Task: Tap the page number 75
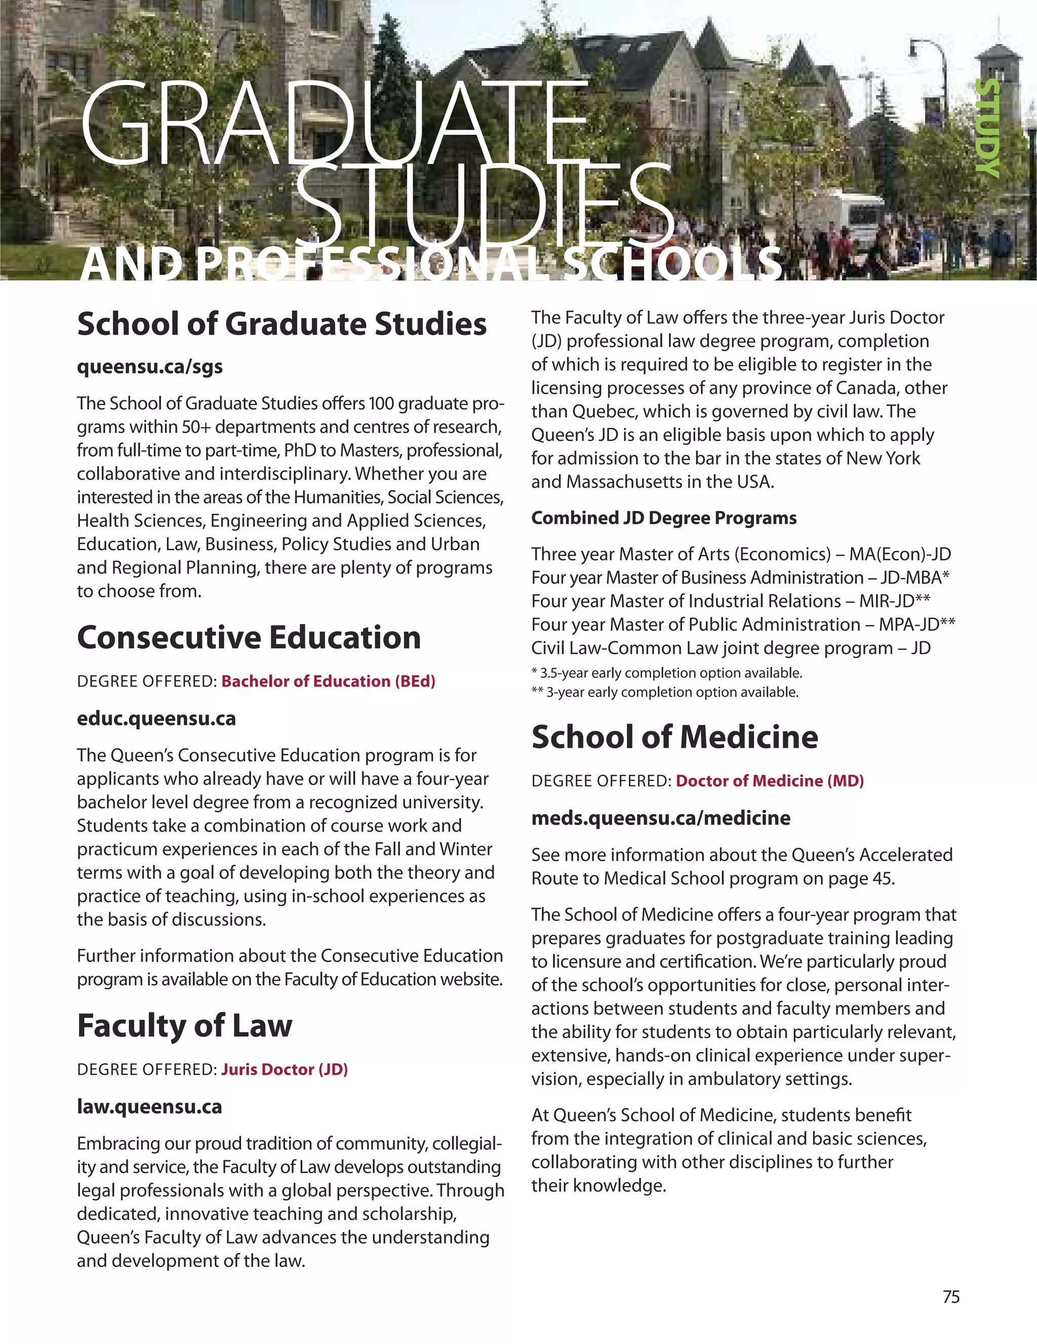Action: click(x=951, y=1296)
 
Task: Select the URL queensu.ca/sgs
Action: click(x=149, y=367)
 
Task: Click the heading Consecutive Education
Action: click(x=249, y=637)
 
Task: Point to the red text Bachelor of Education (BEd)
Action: click(x=328, y=681)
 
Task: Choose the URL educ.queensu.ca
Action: click(x=156, y=718)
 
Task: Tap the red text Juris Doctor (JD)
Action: click(x=285, y=1070)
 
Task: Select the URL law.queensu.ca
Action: click(x=149, y=1107)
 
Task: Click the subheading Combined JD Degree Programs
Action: click(x=663, y=518)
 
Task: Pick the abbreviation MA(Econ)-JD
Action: click(x=900, y=554)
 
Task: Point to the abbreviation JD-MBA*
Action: click(x=910, y=578)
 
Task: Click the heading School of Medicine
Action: click(x=674, y=737)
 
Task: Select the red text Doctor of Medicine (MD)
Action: click(x=769, y=781)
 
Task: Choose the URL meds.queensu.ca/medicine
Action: click(x=660, y=818)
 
